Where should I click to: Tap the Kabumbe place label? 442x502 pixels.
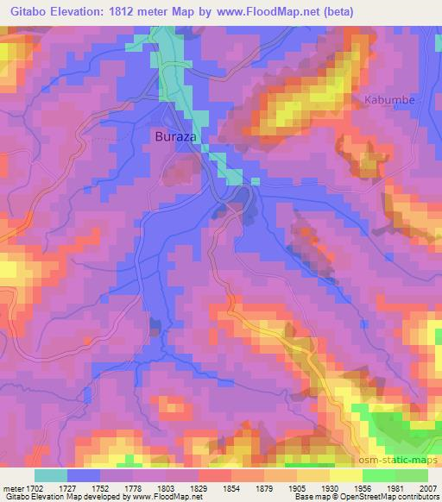389,100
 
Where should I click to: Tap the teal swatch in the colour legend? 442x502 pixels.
51,474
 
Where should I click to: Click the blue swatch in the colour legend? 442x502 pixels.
84,474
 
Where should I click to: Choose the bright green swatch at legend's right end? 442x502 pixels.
411,474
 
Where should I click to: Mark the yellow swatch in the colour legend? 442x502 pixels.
345,474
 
